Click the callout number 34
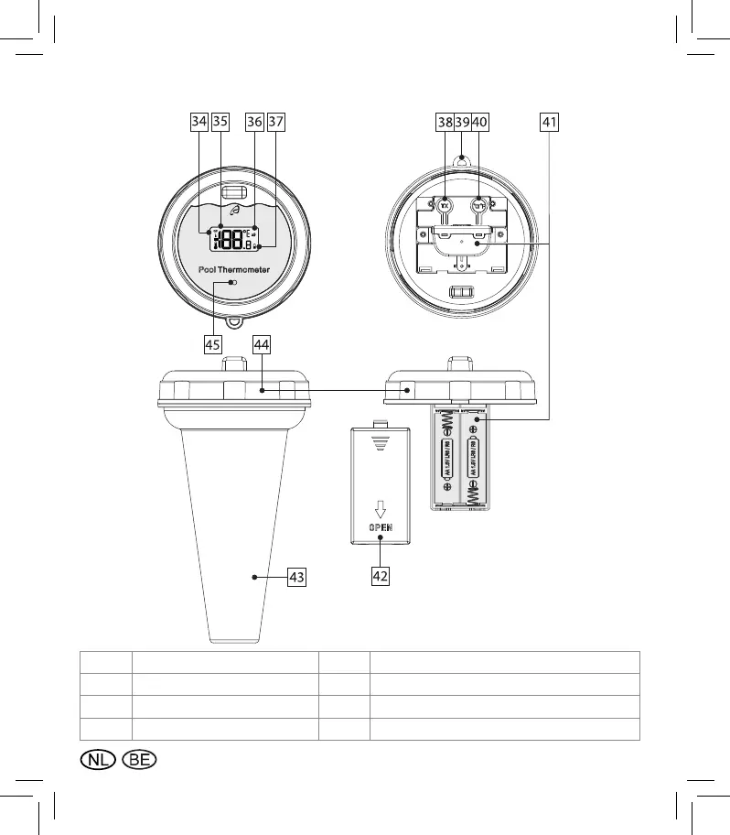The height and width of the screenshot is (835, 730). click(199, 122)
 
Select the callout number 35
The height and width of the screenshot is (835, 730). click(220, 122)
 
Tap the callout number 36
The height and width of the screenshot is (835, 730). click(254, 122)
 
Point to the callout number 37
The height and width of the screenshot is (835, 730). click(276, 122)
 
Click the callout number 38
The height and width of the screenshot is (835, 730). click(445, 122)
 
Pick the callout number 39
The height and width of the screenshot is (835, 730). click(463, 122)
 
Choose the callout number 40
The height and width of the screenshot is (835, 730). click(481, 122)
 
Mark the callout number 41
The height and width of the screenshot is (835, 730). click(550, 122)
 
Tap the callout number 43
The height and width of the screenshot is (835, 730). click(295, 577)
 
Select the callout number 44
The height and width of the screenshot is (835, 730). click(262, 344)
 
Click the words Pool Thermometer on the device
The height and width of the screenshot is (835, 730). click(233, 270)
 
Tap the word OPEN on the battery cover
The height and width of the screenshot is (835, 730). click(381, 528)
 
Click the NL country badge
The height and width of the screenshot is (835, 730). click(97, 760)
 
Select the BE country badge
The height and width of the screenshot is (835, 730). click(140, 760)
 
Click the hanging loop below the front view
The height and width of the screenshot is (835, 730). click(235, 323)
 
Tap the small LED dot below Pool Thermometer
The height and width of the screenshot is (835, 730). click(233, 284)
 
